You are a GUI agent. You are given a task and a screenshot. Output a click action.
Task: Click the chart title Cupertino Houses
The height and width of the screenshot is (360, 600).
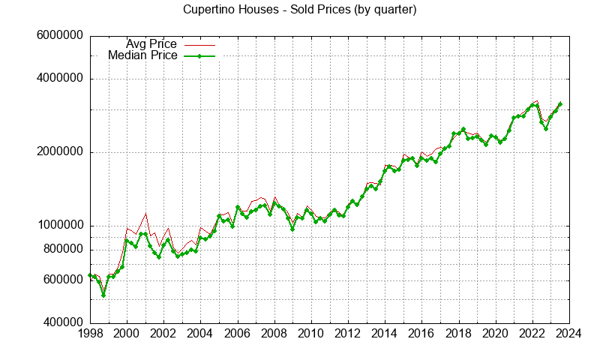click(x=300, y=10)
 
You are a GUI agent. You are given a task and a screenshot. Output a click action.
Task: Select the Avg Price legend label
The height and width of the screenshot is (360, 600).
click(x=151, y=44)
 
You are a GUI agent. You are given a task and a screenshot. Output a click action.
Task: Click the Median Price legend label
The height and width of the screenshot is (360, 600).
click(x=142, y=55)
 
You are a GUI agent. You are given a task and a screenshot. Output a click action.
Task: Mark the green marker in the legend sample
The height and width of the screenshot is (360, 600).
click(x=199, y=55)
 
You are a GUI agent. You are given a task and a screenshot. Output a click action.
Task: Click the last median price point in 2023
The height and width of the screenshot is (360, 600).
click(x=560, y=104)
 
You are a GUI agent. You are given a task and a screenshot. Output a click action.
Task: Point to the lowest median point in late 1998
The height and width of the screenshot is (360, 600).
click(x=103, y=295)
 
